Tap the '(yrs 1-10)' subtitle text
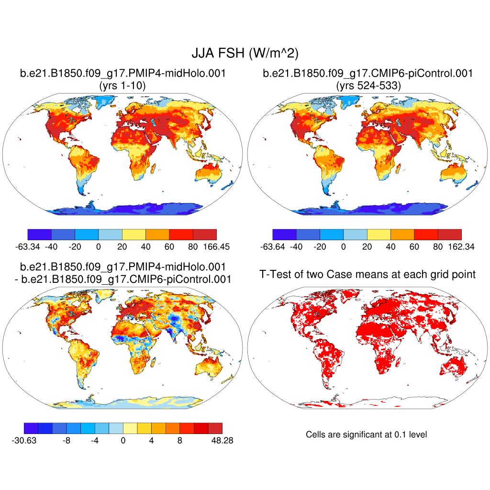(122, 86)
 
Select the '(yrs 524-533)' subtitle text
(367, 86)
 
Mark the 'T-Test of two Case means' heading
(367, 274)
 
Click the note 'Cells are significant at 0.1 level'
(366, 434)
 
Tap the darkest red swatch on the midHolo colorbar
(205, 234)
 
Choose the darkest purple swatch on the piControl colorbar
(284, 234)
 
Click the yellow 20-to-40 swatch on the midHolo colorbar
(134, 234)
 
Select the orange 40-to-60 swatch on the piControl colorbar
(402, 234)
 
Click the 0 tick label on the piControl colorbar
(343, 247)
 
